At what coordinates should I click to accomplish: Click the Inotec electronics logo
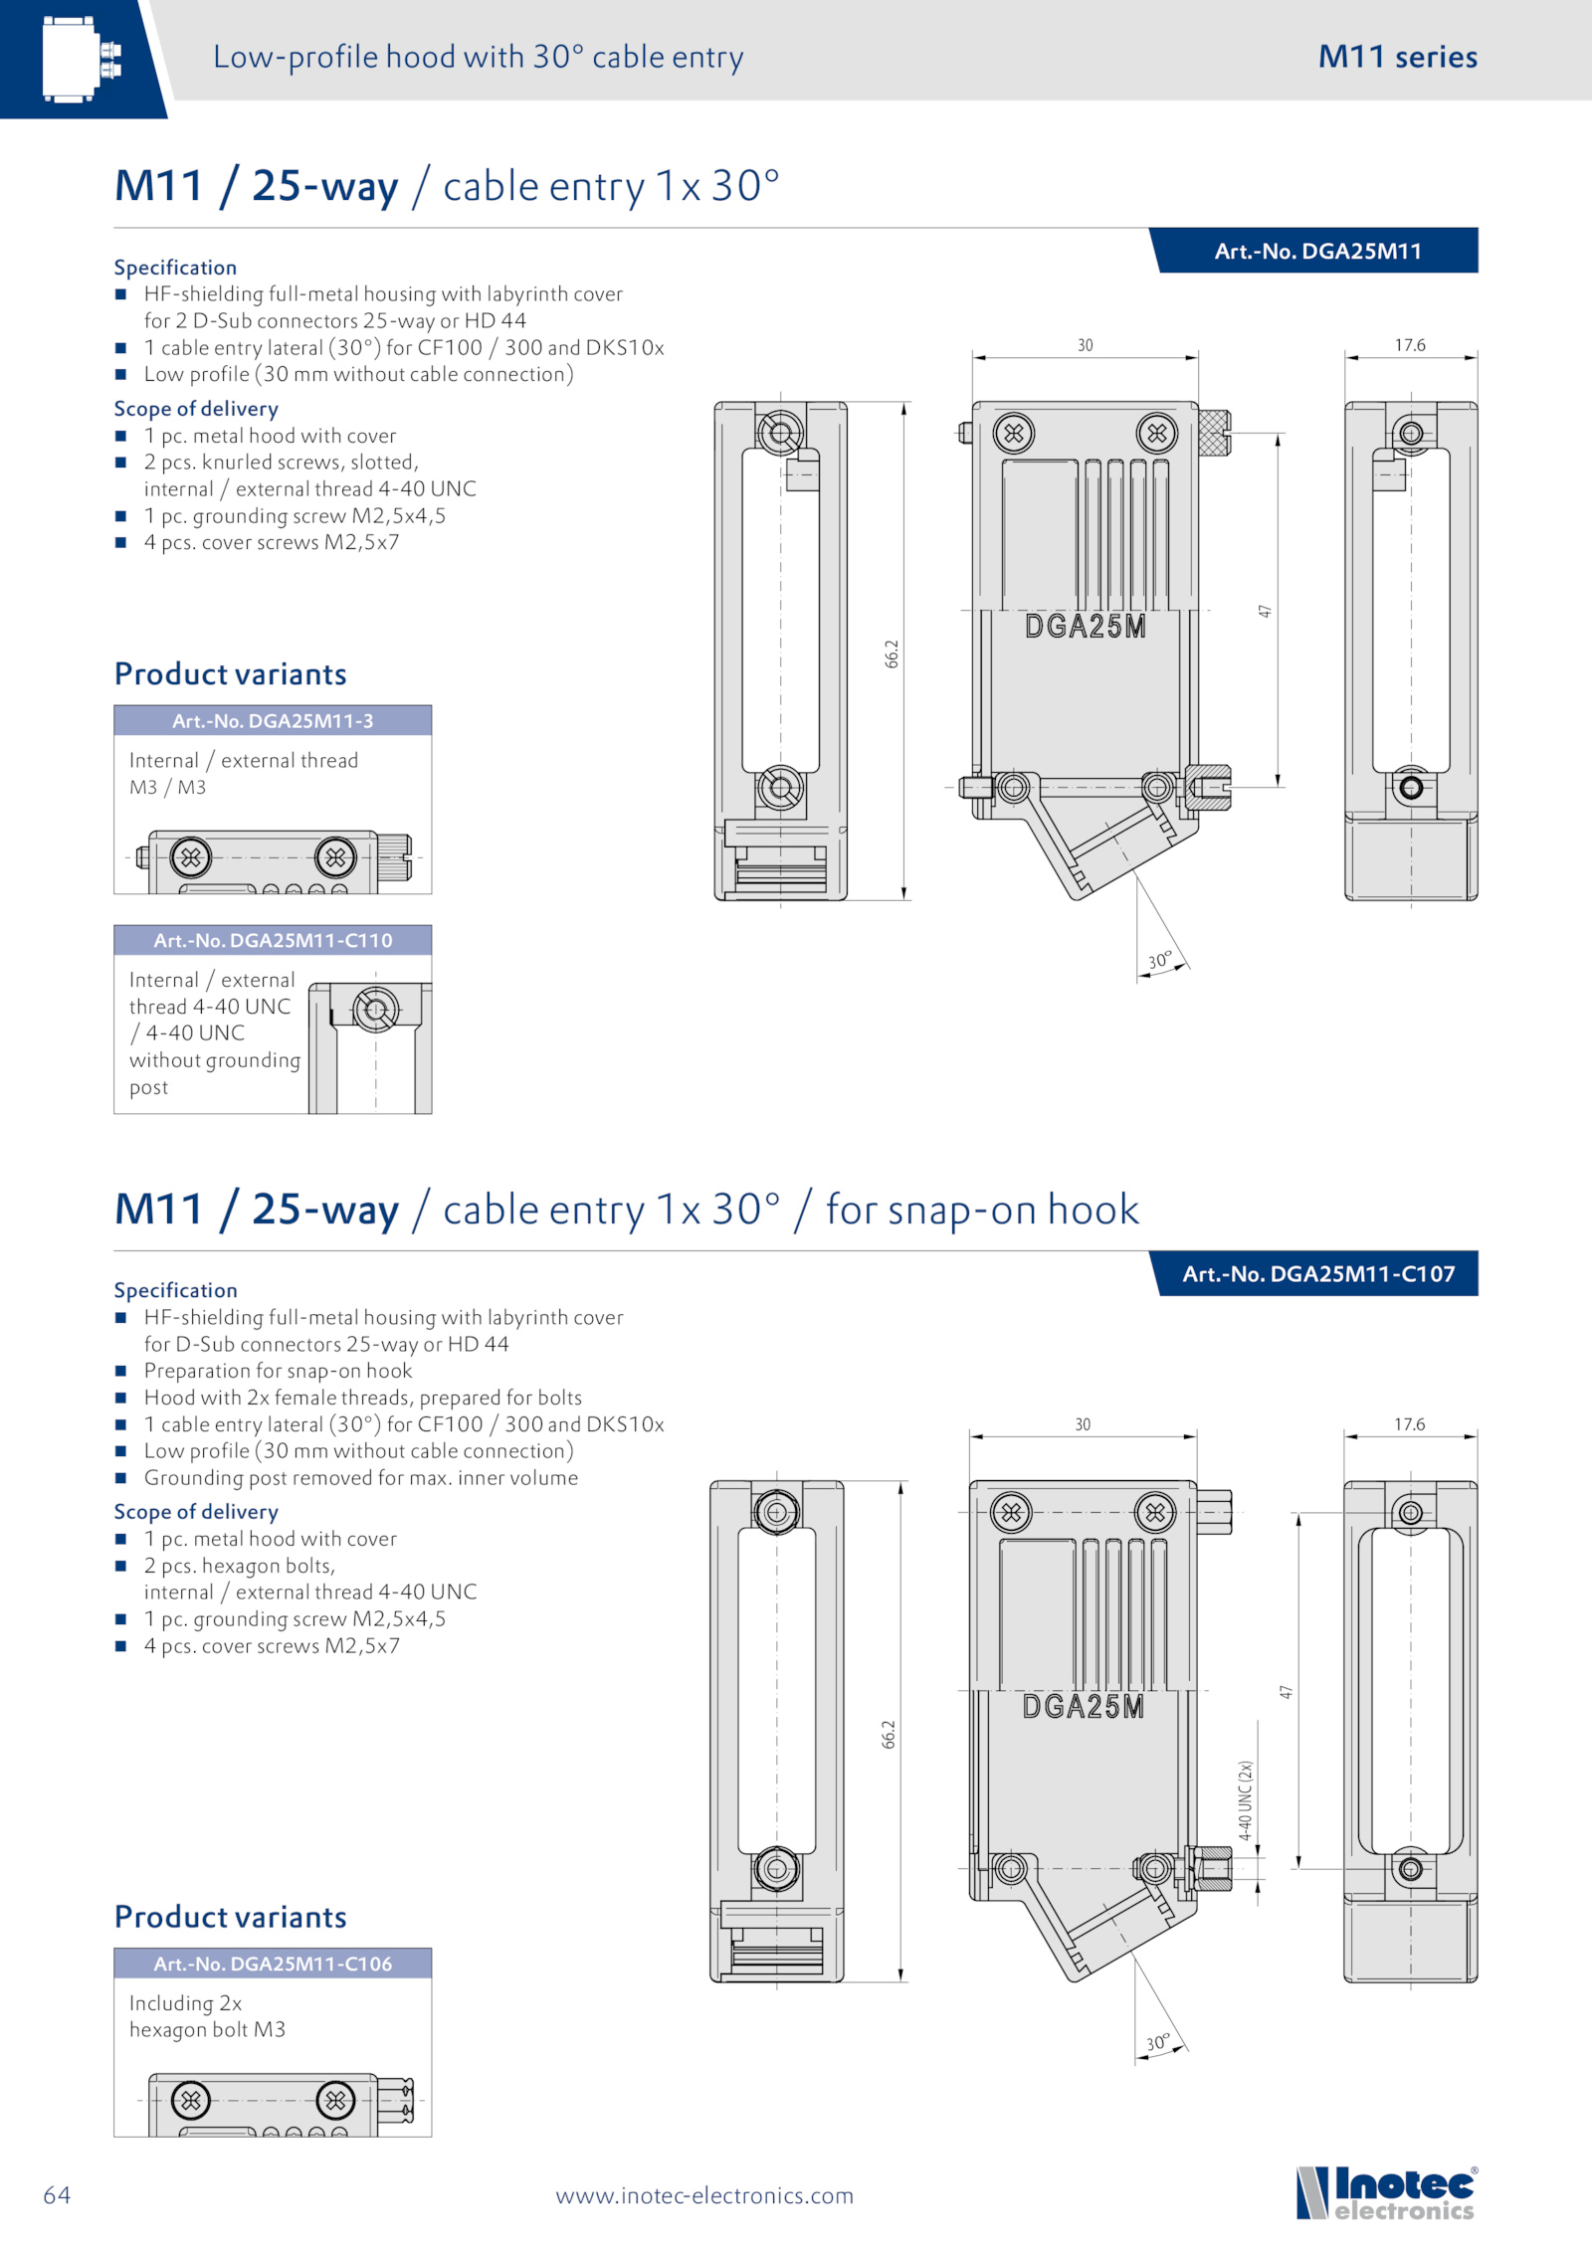[1387, 2192]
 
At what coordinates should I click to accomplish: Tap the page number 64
[57, 2194]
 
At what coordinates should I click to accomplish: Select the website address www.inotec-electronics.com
[704, 2195]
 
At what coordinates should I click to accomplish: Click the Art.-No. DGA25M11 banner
[1317, 252]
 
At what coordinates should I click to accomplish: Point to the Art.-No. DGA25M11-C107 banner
[1317, 1274]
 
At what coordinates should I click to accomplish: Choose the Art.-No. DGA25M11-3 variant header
[273, 721]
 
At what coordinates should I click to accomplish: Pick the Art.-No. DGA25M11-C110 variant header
[273, 941]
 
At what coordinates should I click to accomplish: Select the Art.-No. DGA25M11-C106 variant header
[273, 1964]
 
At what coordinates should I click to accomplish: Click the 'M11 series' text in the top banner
[1397, 57]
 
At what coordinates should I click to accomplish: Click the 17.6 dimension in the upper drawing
[1409, 345]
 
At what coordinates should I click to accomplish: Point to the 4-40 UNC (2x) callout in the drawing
[1246, 1800]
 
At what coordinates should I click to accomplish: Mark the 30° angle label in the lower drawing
[1157, 2043]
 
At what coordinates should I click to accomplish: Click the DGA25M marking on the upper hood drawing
[1085, 627]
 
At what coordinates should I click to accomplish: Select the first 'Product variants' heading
[231, 674]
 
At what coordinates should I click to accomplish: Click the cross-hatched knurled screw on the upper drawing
[1214, 433]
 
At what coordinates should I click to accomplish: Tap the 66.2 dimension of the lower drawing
[889, 1734]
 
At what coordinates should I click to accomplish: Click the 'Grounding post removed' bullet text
[360, 1478]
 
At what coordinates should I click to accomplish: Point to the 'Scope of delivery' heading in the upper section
[196, 409]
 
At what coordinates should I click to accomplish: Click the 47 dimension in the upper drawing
[1265, 611]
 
